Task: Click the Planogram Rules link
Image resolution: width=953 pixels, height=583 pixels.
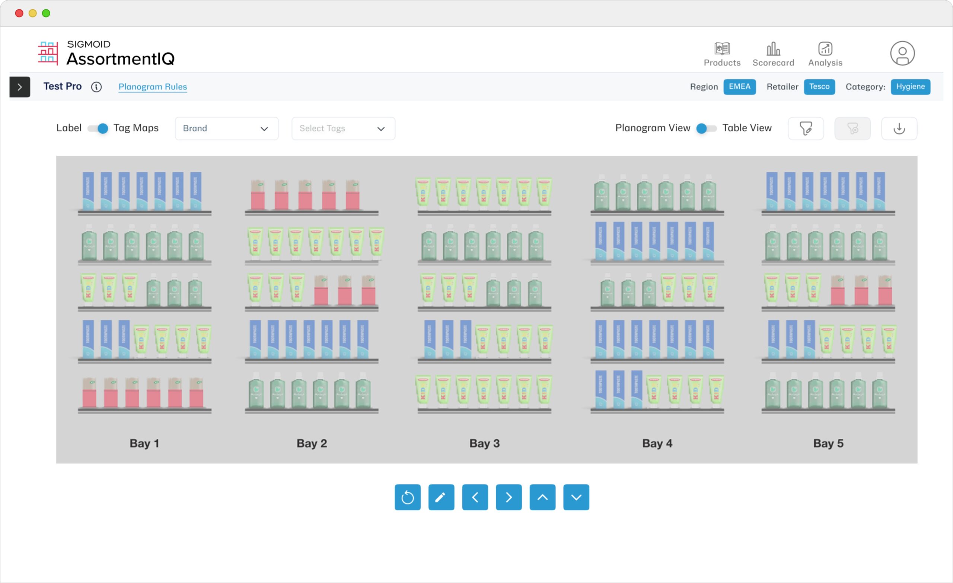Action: coord(152,87)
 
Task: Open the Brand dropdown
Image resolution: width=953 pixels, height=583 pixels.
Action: coord(226,129)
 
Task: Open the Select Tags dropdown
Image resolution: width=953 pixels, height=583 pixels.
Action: coord(343,129)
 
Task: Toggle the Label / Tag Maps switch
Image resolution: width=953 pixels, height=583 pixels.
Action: coord(98,129)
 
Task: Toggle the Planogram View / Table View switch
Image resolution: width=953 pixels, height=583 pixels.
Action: coord(706,129)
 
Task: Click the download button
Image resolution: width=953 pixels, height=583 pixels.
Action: coord(899,129)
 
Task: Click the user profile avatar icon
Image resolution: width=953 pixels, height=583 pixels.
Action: coord(902,53)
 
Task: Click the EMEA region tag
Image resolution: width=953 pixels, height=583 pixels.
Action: coord(739,87)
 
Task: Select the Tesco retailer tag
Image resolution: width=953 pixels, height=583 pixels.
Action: coord(819,87)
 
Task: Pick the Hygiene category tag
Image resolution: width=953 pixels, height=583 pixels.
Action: coord(910,87)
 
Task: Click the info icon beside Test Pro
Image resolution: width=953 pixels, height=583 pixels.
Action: coord(96,87)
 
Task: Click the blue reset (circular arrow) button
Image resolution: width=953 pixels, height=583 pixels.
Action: coord(407,497)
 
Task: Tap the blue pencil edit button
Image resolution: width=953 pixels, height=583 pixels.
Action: coord(441,497)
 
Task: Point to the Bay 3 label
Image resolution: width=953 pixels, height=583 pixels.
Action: coord(484,443)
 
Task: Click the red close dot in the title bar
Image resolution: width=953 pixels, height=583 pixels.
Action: coord(19,13)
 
